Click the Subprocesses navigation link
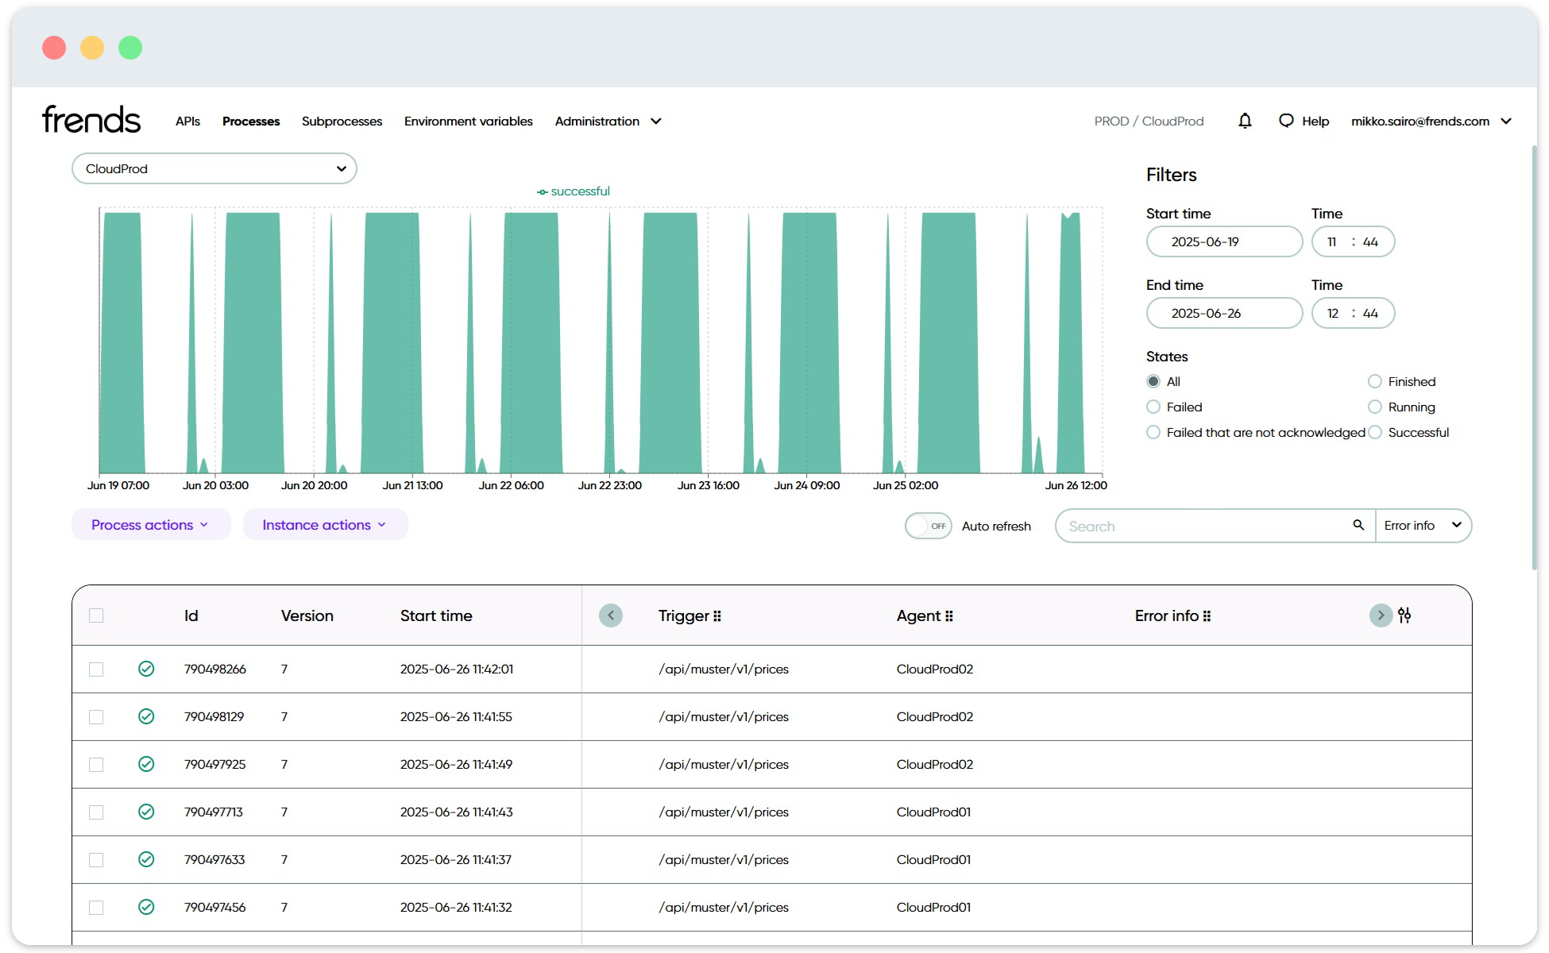pyautogui.click(x=342, y=122)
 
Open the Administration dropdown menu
pyautogui.click(x=608, y=122)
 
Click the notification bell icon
pyautogui.click(x=1245, y=121)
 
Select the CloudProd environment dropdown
pyautogui.click(x=214, y=168)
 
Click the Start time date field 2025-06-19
pyautogui.click(x=1223, y=242)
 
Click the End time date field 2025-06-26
pyautogui.click(x=1223, y=314)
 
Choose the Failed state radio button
pyautogui.click(x=1153, y=407)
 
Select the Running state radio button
pyautogui.click(x=1375, y=407)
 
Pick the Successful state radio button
pyautogui.click(x=1375, y=433)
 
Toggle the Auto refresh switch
pyautogui.click(x=928, y=526)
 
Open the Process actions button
pyautogui.click(x=150, y=525)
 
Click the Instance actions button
pyautogui.click(x=324, y=525)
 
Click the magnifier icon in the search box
pyautogui.click(x=1358, y=525)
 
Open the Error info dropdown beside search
pyautogui.click(x=1423, y=526)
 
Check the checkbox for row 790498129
pyautogui.click(x=96, y=717)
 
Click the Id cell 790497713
pyautogui.click(x=214, y=812)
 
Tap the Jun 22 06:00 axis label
pyautogui.click(x=511, y=485)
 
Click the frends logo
pyautogui.click(x=91, y=120)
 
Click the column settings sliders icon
pyautogui.click(x=1404, y=615)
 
